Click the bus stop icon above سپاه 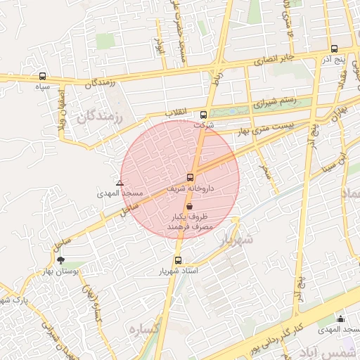point(43,76)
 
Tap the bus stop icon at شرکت point(203,115)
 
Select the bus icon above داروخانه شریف point(190,177)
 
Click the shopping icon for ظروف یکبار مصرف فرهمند point(190,205)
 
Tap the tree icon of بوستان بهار point(60,259)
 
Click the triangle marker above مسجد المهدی point(120,182)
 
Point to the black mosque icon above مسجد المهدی point(341,319)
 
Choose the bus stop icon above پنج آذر point(333,49)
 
